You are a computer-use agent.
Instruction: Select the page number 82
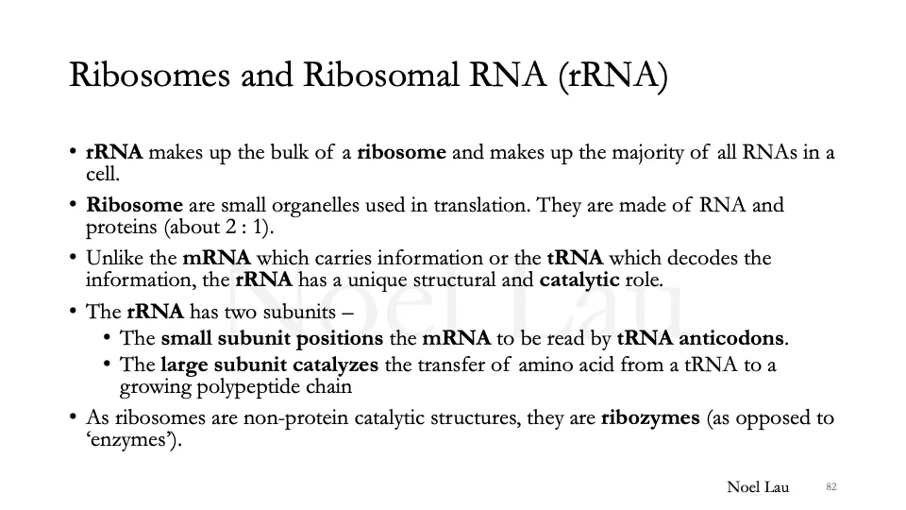(x=831, y=487)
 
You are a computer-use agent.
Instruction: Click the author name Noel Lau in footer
(x=757, y=487)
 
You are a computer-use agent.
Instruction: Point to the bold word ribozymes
(x=650, y=418)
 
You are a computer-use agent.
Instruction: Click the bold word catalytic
(x=579, y=280)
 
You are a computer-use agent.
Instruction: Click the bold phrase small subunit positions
(x=272, y=339)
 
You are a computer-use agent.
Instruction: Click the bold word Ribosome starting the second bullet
(x=134, y=206)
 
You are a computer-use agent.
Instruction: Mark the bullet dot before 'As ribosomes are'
(x=73, y=418)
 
